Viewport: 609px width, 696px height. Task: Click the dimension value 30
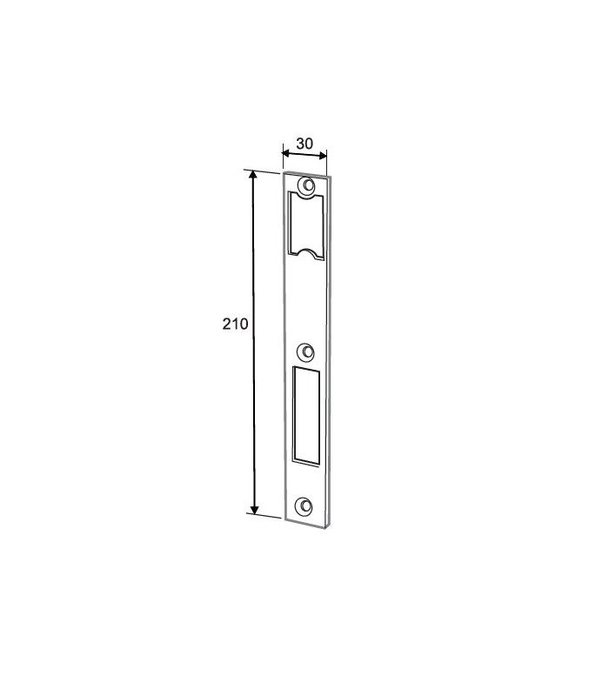click(304, 144)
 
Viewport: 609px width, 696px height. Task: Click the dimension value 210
click(235, 324)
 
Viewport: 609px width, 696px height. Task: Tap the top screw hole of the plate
click(306, 186)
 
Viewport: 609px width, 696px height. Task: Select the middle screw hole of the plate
click(305, 352)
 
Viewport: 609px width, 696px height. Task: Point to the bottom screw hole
click(304, 506)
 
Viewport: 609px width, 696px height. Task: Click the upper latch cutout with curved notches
click(306, 226)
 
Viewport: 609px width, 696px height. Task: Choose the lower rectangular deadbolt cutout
click(306, 417)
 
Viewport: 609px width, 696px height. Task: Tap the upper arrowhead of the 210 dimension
click(253, 176)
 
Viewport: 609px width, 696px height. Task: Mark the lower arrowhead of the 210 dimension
click(254, 509)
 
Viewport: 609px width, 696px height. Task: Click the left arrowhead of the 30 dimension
click(287, 154)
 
